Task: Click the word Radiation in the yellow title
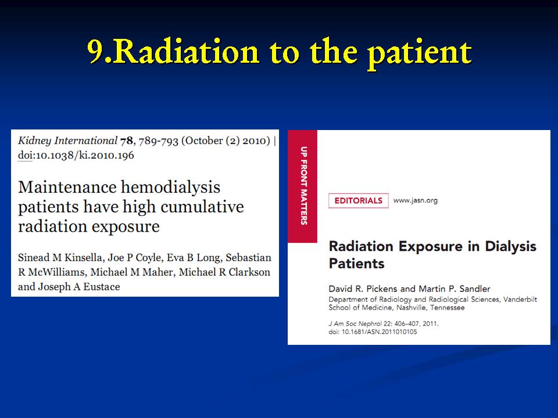[x=186, y=52]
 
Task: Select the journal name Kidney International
[x=67, y=140]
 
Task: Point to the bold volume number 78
[x=127, y=141]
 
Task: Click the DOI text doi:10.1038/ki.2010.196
[x=76, y=156]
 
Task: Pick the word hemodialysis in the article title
[x=170, y=188]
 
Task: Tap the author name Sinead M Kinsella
[x=60, y=258]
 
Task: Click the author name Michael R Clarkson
[x=224, y=272]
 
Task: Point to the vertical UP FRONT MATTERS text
[x=303, y=186]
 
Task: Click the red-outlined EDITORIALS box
[x=359, y=200]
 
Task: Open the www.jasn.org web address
[x=415, y=200]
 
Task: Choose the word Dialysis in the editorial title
[x=510, y=246]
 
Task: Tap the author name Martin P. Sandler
[x=455, y=289]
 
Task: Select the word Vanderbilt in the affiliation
[x=520, y=300]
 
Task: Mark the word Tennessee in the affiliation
[x=448, y=308]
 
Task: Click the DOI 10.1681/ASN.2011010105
[x=380, y=332]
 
